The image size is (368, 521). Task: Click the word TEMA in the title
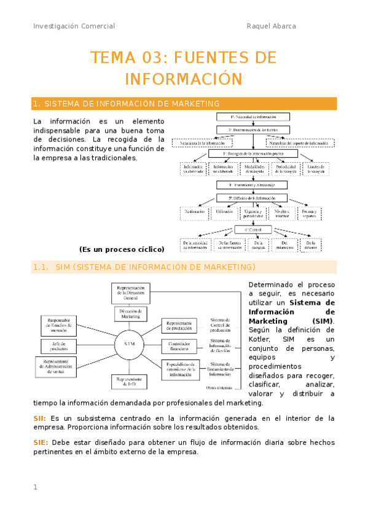(x=111, y=58)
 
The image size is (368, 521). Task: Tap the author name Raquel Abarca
(x=271, y=26)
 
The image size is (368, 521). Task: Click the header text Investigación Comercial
(x=74, y=26)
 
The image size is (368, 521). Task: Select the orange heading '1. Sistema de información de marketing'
(x=127, y=104)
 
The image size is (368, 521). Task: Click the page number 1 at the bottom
(x=35, y=487)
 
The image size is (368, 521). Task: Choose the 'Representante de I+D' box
(x=130, y=382)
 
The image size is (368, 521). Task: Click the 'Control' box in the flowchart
(x=253, y=230)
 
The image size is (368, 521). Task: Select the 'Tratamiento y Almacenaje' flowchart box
(x=253, y=184)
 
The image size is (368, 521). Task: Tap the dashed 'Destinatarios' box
(x=196, y=213)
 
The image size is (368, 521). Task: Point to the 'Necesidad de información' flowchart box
(x=253, y=116)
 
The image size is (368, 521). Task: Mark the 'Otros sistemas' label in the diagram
(x=219, y=388)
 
